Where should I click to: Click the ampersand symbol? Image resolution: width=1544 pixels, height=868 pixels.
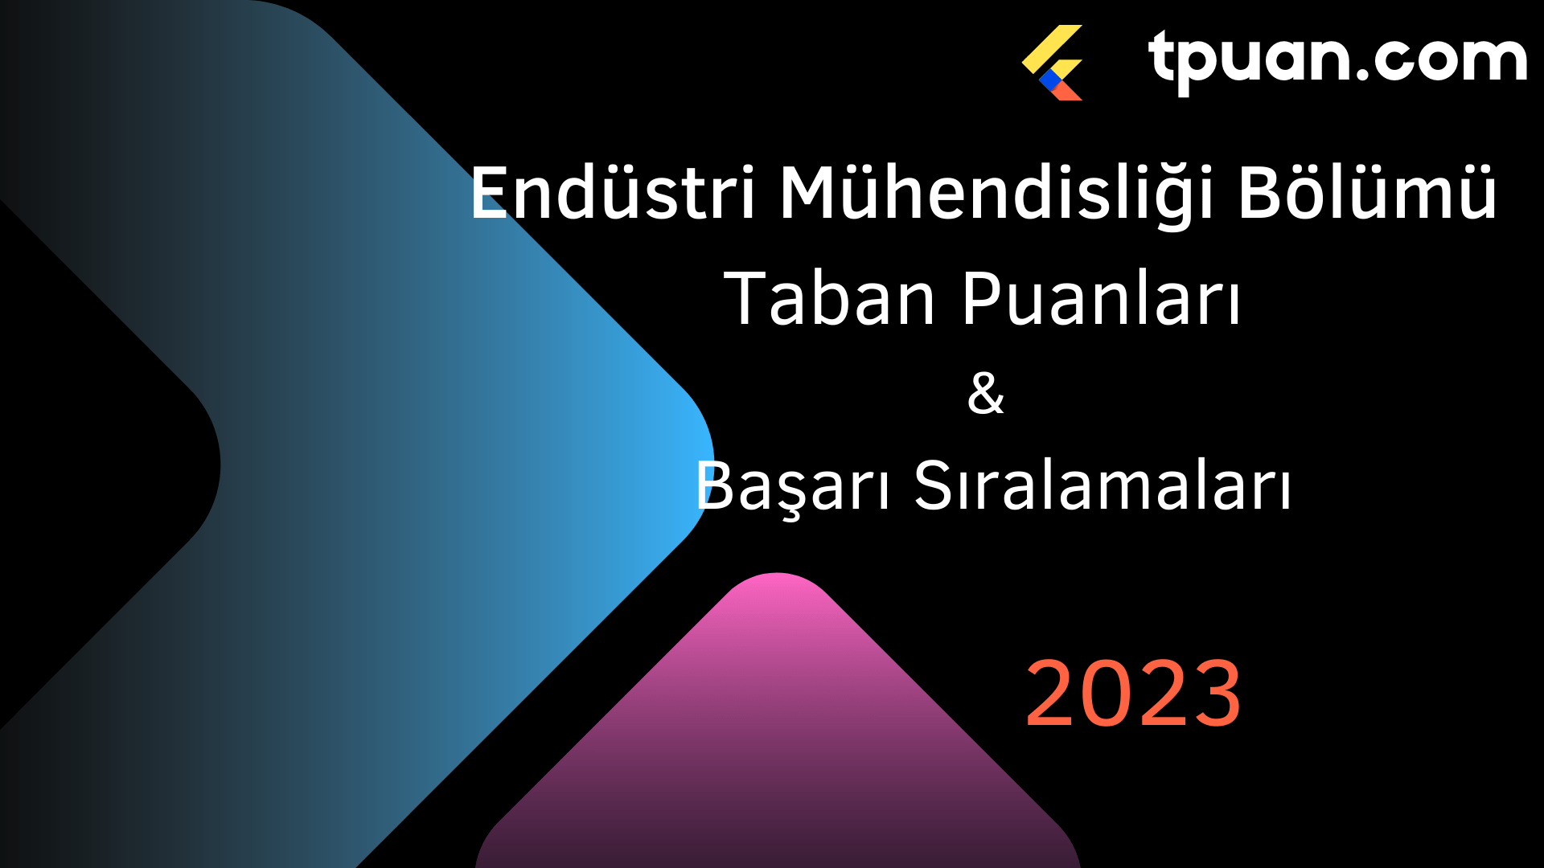click(x=986, y=393)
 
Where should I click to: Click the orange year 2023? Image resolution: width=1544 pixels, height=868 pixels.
click(x=1133, y=693)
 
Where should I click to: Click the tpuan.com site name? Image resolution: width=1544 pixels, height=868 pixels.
click(x=1337, y=58)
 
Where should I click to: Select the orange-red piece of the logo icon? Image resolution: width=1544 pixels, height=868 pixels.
click(x=1066, y=90)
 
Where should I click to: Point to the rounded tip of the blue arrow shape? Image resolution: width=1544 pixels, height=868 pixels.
click(x=712, y=465)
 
